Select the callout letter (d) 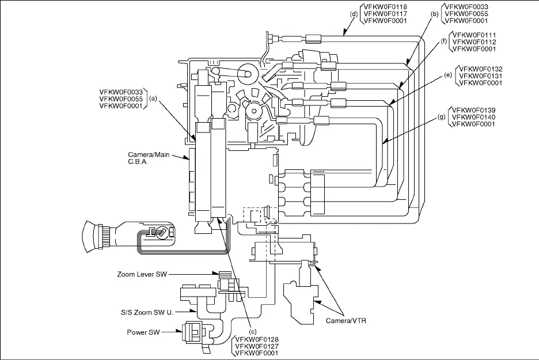[352, 14]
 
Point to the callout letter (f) [444, 41]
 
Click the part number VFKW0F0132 [480, 69]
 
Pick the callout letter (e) [447, 75]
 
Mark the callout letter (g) [442, 117]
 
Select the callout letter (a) [153, 98]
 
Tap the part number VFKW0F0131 [480, 75]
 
